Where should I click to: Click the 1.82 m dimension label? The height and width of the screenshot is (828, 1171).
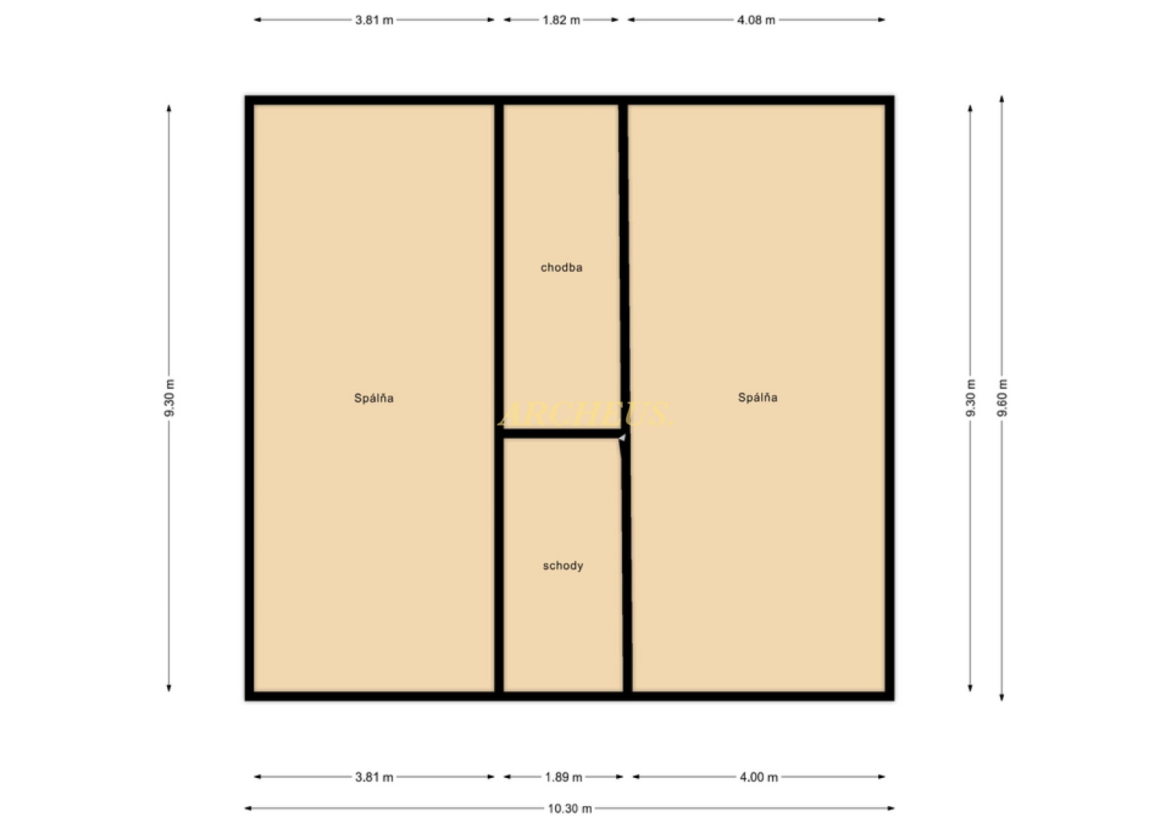click(x=561, y=20)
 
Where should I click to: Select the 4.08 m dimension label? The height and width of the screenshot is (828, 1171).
click(x=756, y=20)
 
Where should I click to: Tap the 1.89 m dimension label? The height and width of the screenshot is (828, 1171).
click(x=564, y=776)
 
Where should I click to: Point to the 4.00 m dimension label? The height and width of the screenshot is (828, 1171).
click(x=759, y=776)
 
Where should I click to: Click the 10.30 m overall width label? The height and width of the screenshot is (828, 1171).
click(x=570, y=808)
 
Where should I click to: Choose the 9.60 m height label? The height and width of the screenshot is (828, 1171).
click(x=1002, y=398)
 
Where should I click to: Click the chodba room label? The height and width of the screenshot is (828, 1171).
click(x=561, y=267)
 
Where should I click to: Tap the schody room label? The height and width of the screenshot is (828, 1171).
click(x=563, y=566)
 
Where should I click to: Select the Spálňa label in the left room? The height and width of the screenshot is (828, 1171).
click(x=374, y=398)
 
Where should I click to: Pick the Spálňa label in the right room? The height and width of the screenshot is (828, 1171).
click(x=757, y=398)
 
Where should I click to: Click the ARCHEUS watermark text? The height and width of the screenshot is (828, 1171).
click(x=585, y=414)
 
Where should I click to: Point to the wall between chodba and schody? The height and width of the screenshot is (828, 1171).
click(x=561, y=434)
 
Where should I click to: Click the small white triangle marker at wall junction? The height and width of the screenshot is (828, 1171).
click(x=623, y=437)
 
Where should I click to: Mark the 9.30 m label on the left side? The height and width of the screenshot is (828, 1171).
click(x=169, y=398)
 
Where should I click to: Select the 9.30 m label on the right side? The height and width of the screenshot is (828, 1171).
click(x=970, y=398)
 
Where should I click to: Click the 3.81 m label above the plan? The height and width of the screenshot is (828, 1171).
click(x=374, y=20)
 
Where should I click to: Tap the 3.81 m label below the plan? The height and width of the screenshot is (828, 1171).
click(x=374, y=776)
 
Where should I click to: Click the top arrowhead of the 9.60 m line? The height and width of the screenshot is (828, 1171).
click(x=1002, y=98)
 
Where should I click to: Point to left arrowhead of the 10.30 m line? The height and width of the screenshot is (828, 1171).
click(x=247, y=808)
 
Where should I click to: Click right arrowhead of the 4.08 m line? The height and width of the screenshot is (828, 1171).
click(x=882, y=20)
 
